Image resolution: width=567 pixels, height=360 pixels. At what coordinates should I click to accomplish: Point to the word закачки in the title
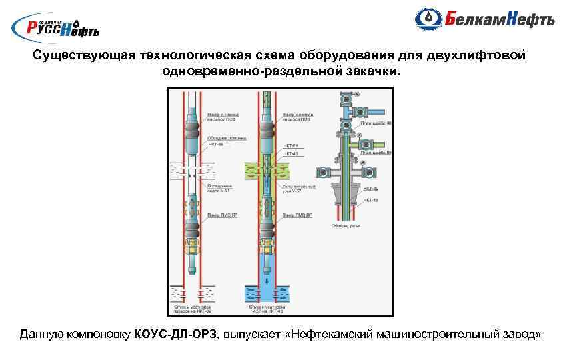pos(373,69)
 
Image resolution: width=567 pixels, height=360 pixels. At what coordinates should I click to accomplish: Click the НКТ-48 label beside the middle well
pos(290,154)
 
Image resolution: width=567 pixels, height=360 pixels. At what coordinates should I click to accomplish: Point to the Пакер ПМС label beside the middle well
pos(297,215)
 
